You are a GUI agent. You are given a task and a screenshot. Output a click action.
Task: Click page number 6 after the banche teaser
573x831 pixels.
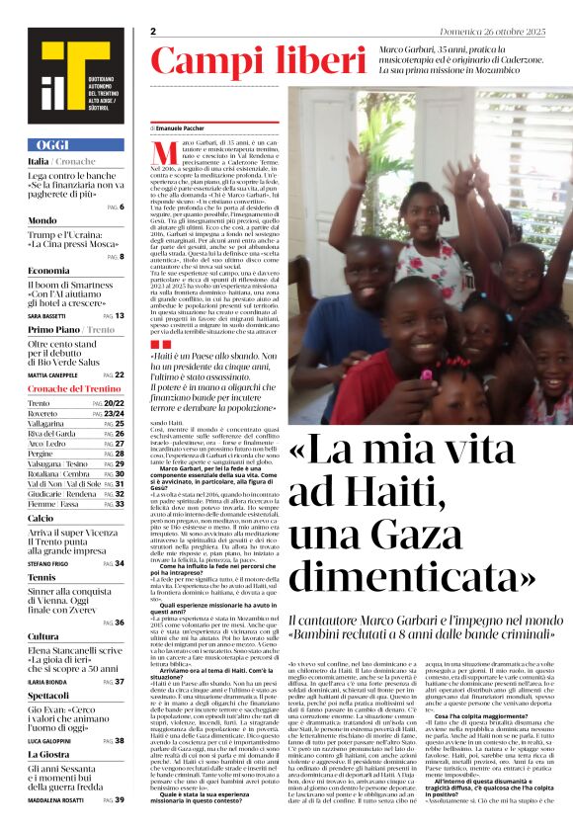[x=121, y=207]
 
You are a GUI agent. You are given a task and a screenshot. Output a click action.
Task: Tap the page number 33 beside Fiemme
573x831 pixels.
[x=120, y=504]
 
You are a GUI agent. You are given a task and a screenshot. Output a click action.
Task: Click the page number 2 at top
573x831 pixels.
[x=154, y=32]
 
